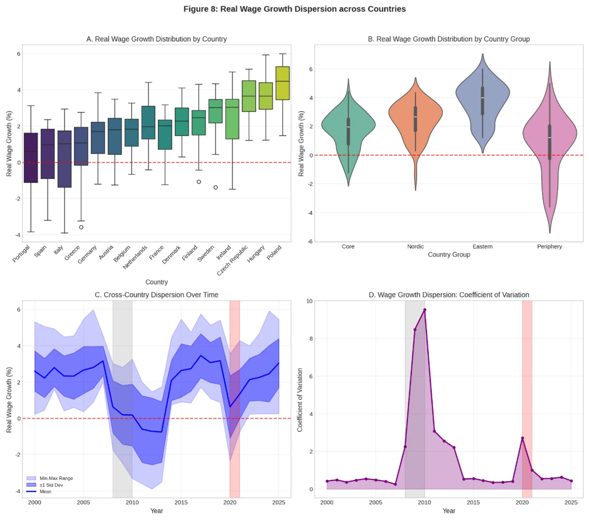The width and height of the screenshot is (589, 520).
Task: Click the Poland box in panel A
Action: coord(282,83)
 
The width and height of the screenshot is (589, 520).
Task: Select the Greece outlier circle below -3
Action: coord(81,227)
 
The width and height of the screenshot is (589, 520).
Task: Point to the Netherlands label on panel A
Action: coord(135,257)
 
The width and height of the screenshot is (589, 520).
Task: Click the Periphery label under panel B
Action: coord(549,247)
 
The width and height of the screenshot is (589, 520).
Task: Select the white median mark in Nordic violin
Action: coord(415,117)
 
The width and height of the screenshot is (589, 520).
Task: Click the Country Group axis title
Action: coord(449,255)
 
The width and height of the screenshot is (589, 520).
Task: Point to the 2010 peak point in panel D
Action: coord(424,310)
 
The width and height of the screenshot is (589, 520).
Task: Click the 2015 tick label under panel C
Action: coord(181,503)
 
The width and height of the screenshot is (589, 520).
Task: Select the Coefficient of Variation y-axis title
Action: coord(300,400)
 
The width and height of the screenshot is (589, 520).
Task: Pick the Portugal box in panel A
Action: coord(31,157)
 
